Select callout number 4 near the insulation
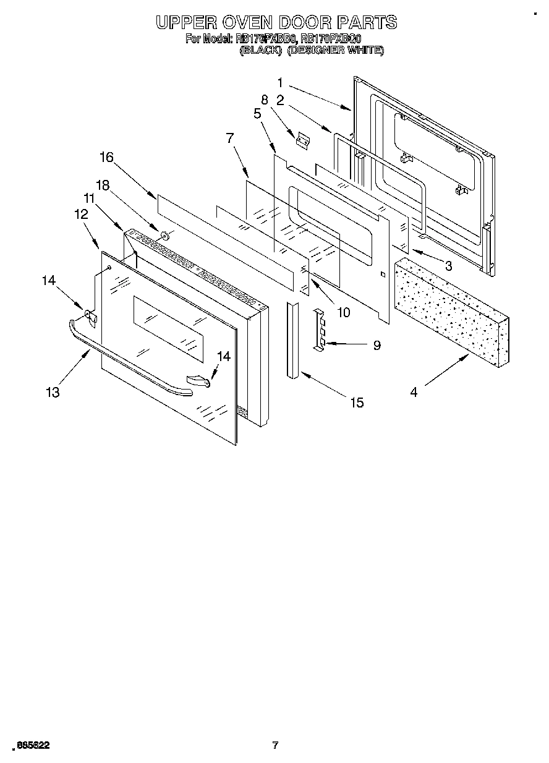coord(413,391)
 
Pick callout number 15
coord(357,403)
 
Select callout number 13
coord(53,392)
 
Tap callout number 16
coord(106,157)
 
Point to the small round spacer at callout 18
coord(165,235)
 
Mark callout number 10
coord(343,312)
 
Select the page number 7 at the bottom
coord(275,745)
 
